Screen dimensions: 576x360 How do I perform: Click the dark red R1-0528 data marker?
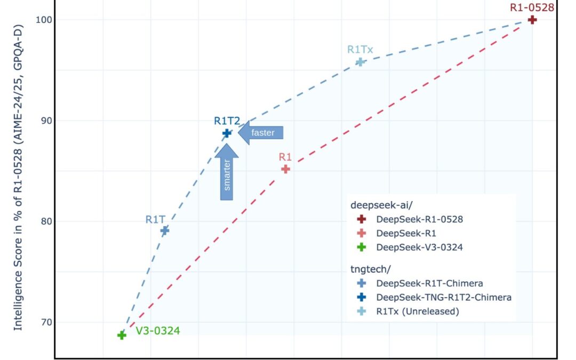[x=532, y=20]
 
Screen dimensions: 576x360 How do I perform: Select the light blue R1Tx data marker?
[x=361, y=62]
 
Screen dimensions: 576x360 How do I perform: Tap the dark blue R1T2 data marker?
[x=227, y=133]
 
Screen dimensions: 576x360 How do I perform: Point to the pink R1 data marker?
[x=285, y=169]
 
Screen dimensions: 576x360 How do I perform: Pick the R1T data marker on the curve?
[x=165, y=231]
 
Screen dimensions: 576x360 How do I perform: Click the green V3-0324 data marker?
[x=122, y=335]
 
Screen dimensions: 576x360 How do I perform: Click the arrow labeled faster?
[x=261, y=133]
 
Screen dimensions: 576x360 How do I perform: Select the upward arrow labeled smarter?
[x=227, y=172]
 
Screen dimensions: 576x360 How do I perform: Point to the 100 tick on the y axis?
[x=43, y=20]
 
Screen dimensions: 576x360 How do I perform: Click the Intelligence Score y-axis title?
[x=18, y=178]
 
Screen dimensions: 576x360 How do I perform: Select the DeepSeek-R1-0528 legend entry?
[x=410, y=219]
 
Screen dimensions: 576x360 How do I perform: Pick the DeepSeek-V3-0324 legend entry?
[x=410, y=247]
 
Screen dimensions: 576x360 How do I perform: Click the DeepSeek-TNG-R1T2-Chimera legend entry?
[x=434, y=297]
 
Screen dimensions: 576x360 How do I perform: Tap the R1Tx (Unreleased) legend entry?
[x=408, y=311]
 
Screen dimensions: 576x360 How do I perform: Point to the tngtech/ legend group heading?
[x=370, y=269]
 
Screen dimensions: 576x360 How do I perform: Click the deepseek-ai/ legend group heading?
[x=377, y=205]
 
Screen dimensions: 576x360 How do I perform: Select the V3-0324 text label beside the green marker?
[x=158, y=331]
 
